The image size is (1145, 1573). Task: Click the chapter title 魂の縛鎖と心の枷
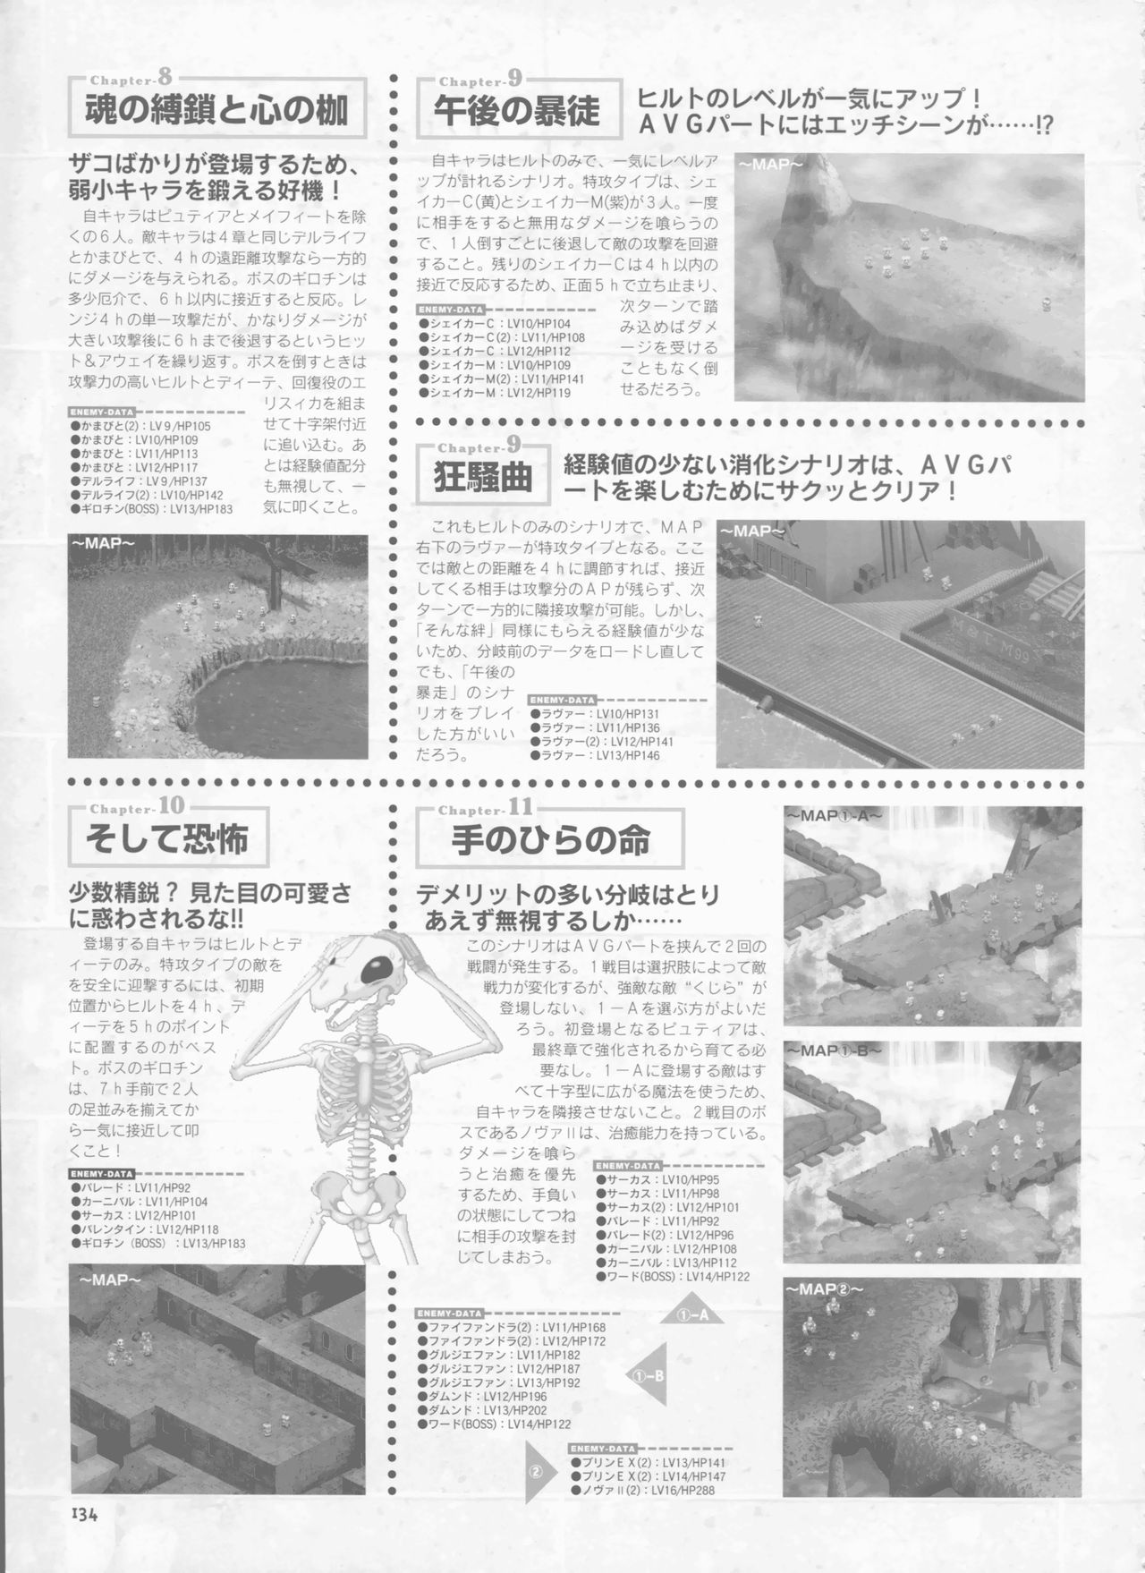217,111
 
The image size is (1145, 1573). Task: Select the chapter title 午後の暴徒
517,111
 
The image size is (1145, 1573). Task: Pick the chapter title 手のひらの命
550,840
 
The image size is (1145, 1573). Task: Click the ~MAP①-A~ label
833,816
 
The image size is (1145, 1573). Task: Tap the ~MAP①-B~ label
834,1050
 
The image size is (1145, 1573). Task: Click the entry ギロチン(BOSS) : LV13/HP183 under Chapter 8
151,508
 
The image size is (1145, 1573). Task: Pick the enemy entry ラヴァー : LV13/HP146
594,756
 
